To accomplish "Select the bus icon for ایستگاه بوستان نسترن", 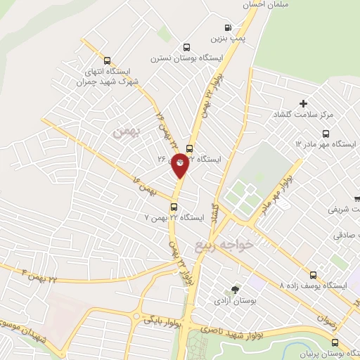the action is click(185, 46).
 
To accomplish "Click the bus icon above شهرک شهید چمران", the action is click(107, 60).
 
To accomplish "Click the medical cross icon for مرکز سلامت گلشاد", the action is click(303, 103).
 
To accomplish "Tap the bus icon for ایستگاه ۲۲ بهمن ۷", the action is click(174, 206).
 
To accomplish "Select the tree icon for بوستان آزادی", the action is click(236, 289).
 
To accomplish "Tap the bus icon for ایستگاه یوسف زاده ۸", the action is click(314, 275).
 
